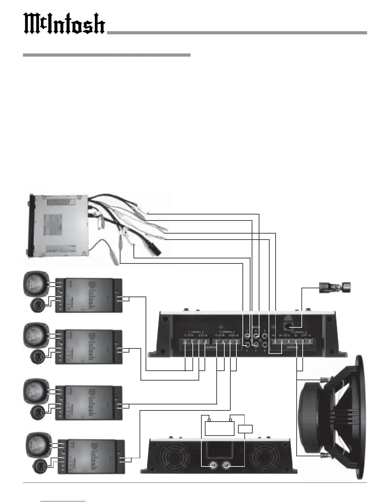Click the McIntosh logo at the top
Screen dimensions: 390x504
point(64,24)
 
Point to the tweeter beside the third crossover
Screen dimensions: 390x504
point(37,413)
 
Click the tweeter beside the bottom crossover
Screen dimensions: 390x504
point(40,466)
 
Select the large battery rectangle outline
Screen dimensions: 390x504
point(220,428)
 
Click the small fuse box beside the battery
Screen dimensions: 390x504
point(245,429)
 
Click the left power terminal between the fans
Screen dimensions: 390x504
point(213,466)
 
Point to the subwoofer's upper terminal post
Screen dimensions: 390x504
point(325,379)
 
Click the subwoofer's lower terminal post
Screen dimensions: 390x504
point(325,456)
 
